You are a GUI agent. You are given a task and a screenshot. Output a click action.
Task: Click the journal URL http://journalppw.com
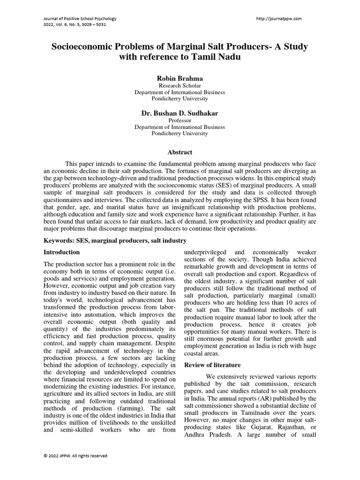[279, 19]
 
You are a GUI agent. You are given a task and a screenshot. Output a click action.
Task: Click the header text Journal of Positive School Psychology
[79, 19]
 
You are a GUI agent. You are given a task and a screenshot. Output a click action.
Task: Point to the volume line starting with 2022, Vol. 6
[74, 25]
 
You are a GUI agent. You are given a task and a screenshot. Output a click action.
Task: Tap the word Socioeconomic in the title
[83, 47]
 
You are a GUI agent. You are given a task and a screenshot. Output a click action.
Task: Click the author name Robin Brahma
[180, 78]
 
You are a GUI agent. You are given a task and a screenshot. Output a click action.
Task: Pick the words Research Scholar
[180, 86]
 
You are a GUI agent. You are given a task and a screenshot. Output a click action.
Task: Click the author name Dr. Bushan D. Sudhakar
[180, 113]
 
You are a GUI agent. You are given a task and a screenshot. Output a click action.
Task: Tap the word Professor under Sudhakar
[180, 120]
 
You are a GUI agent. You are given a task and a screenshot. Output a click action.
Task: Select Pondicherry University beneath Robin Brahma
[180, 99]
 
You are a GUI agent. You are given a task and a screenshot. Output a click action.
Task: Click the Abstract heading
[180, 152]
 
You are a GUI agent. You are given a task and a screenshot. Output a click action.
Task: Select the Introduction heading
[61, 252]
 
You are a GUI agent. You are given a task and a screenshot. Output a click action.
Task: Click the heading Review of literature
[212, 365]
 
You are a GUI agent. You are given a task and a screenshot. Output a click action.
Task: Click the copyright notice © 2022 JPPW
[75, 456]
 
